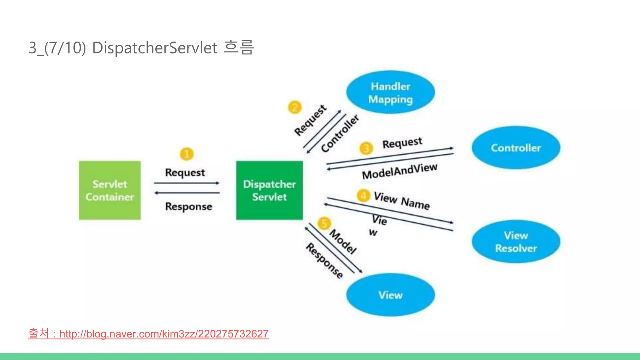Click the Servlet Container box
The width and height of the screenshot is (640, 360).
pyautogui.click(x=110, y=190)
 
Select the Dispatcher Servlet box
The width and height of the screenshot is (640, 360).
pyautogui.click(x=269, y=190)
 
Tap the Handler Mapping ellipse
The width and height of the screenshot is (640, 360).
pyautogui.click(x=390, y=92)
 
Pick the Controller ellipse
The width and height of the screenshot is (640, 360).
pyautogui.click(x=516, y=148)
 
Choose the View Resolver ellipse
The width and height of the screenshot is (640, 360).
pyautogui.click(x=516, y=242)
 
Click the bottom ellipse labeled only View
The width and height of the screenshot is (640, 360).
pyautogui.click(x=390, y=295)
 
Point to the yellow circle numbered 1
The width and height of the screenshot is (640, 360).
pyautogui.click(x=187, y=154)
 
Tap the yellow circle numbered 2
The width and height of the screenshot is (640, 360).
pyautogui.click(x=295, y=107)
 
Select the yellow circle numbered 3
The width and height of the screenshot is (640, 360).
pyautogui.click(x=366, y=148)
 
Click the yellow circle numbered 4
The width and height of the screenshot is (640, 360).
pyautogui.click(x=363, y=196)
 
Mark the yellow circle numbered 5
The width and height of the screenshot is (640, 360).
pyautogui.click(x=324, y=223)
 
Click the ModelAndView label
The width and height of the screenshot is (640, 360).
pyautogui.click(x=399, y=171)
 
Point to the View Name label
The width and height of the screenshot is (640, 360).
pyautogui.click(x=402, y=201)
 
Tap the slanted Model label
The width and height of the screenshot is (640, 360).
pyautogui.click(x=343, y=242)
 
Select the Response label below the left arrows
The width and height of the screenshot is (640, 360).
pyautogui.click(x=188, y=207)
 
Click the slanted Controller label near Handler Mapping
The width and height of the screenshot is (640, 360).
pyautogui.click(x=340, y=133)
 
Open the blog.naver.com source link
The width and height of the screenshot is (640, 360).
pyautogui.click(x=164, y=334)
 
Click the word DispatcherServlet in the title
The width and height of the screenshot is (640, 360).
pyautogui.click(x=154, y=48)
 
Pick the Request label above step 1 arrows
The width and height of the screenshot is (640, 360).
pyautogui.click(x=185, y=172)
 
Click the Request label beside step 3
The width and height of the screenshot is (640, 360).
pyautogui.click(x=402, y=143)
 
